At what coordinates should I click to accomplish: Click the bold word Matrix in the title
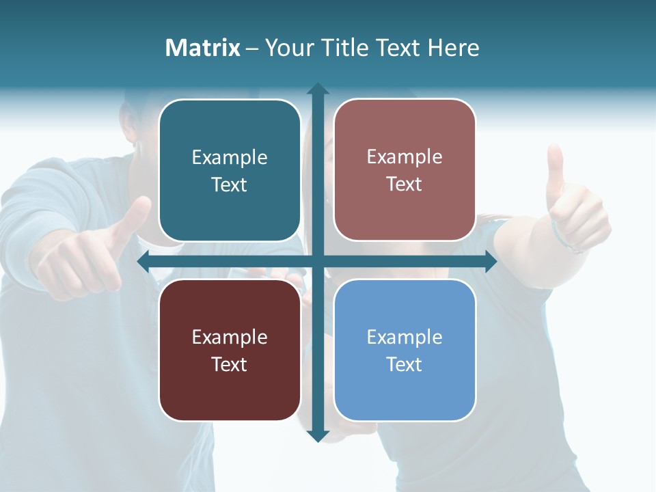[203, 48]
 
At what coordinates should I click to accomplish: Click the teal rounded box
[230, 170]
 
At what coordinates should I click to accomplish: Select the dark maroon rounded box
[230, 350]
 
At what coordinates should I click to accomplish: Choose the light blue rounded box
[405, 350]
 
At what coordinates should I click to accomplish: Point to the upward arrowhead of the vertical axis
[317, 89]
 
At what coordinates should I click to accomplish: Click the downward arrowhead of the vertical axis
[317, 435]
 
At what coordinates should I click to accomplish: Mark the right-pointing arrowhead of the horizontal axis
[490, 262]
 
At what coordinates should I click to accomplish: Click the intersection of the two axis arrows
[317, 262]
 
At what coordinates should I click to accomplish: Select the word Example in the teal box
[230, 157]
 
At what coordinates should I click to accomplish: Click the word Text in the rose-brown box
[405, 184]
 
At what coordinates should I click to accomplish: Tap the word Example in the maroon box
[230, 337]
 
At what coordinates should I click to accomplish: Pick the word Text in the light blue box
[405, 364]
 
